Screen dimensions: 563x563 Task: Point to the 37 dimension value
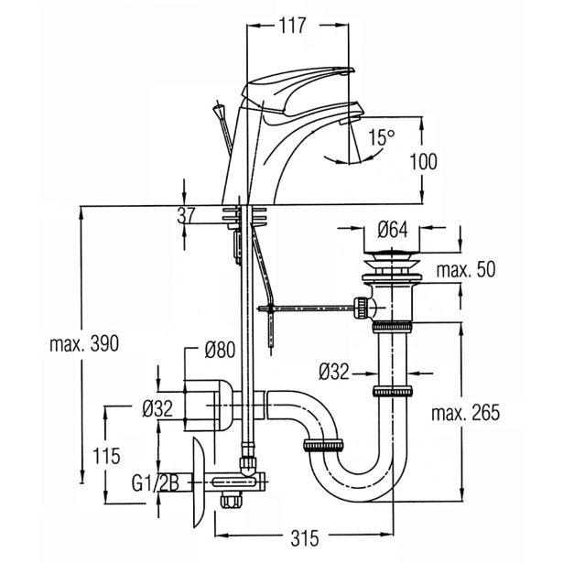pyautogui.click(x=186, y=217)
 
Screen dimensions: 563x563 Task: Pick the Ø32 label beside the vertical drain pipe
pyautogui.click(x=336, y=372)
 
